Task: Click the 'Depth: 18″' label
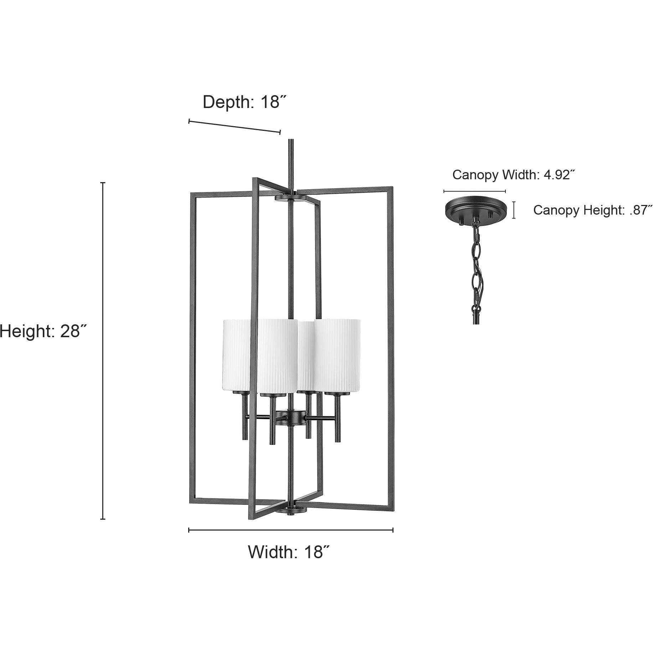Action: tap(245, 102)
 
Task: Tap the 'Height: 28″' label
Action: tap(43, 331)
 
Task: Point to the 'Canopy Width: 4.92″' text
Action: tap(514, 175)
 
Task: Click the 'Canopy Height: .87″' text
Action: tap(592, 210)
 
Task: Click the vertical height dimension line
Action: tap(103, 351)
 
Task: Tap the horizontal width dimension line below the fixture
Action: tap(290, 530)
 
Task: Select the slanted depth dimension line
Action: tap(235, 127)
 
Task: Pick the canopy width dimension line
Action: tap(474, 191)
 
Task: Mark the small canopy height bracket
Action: tap(514, 210)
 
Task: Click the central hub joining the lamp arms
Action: tap(292, 417)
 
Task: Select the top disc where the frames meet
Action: tap(292, 198)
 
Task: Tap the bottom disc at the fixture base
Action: tap(292, 510)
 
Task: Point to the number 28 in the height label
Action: tap(70, 331)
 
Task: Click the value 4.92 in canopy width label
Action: tap(558, 175)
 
